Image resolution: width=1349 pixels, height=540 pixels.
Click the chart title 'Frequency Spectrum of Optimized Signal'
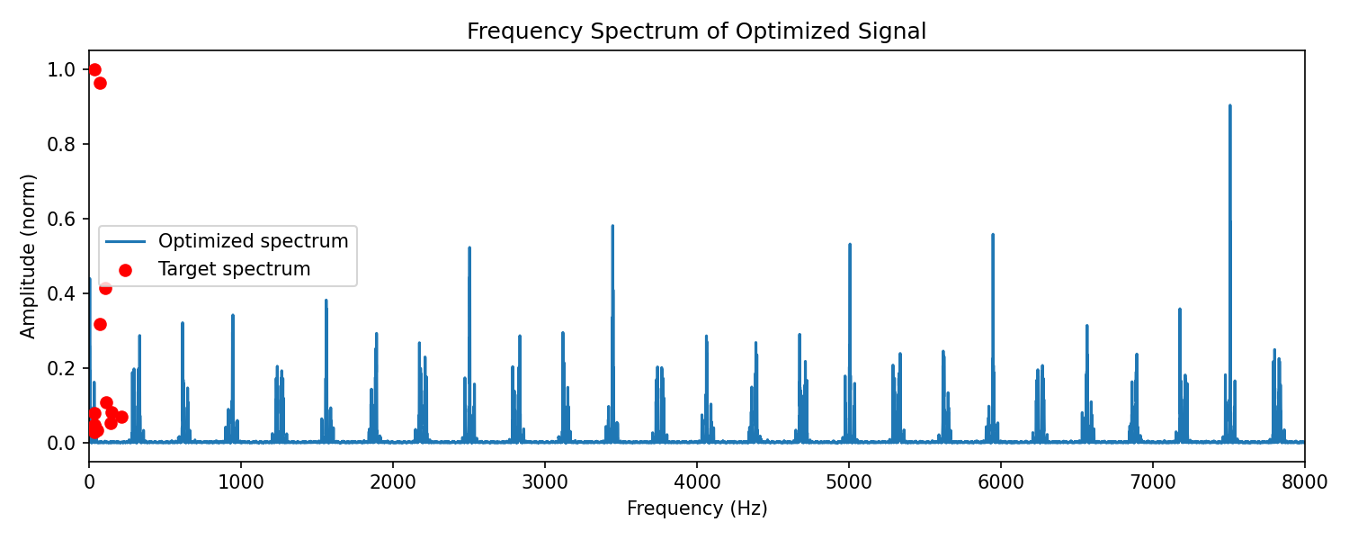click(x=696, y=31)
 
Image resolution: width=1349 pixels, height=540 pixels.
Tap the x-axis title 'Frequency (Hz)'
click(x=697, y=508)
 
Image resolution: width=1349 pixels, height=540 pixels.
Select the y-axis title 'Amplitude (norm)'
click(x=28, y=256)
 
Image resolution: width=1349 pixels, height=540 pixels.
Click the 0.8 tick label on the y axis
click(x=61, y=145)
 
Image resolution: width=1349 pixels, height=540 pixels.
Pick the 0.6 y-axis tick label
click(x=61, y=220)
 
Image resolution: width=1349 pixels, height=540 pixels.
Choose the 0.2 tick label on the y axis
click(x=61, y=368)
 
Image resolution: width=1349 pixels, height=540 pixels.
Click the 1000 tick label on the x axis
click(x=241, y=482)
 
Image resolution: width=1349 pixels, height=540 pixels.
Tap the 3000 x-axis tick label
click(x=545, y=482)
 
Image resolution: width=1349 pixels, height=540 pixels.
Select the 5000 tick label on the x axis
click(x=849, y=482)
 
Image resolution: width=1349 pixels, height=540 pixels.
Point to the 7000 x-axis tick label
click(x=1153, y=482)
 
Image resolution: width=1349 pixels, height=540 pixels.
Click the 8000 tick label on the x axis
click(x=1304, y=482)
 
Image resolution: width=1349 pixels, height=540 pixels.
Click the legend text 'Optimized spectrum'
click(x=254, y=241)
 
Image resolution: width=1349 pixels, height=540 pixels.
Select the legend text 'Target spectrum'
click(x=234, y=269)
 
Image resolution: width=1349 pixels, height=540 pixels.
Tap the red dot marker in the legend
click(x=125, y=270)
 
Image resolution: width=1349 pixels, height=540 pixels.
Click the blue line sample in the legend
click(x=125, y=242)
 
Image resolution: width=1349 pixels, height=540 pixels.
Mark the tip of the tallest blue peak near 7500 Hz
click(x=1229, y=105)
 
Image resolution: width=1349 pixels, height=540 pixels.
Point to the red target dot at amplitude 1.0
click(x=94, y=70)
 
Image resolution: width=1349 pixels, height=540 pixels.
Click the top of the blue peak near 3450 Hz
click(x=612, y=226)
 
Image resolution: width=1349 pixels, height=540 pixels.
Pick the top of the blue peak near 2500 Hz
click(x=469, y=247)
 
